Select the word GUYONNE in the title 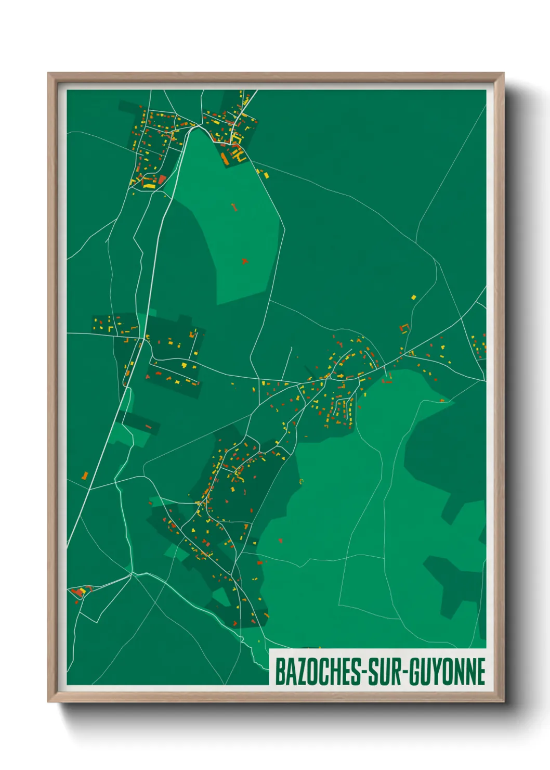(x=447, y=672)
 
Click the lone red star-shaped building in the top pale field (x=244, y=261)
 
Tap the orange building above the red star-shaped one (x=233, y=207)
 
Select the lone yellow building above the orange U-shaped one (x=414, y=297)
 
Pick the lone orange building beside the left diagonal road (x=85, y=475)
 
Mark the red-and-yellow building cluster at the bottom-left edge (x=79, y=592)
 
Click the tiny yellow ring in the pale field (x=301, y=481)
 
